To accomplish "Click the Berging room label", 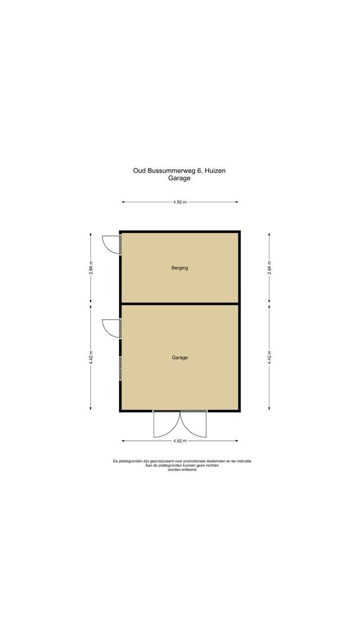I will (x=180, y=268).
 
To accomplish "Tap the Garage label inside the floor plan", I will (x=180, y=357).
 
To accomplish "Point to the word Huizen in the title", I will (x=215, y=170).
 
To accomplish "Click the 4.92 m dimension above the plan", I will (x=180, y=202).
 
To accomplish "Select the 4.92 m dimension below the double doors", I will (x=180, y=441).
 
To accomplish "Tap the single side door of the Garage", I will (x=111, y=327).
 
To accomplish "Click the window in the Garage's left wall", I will (x=120, y=369).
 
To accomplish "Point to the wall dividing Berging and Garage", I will (x=180, y=304).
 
